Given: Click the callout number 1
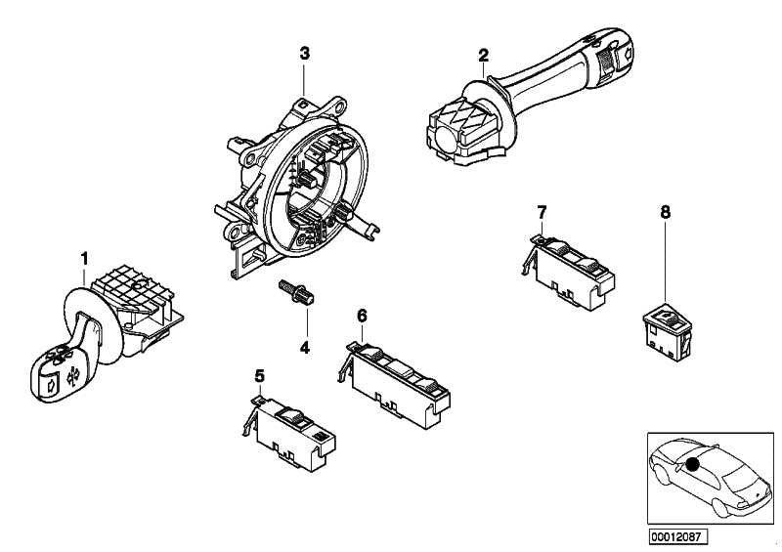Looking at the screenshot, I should pos(84,257).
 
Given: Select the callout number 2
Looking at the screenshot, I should pos(482,55).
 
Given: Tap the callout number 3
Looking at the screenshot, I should pos(304,53).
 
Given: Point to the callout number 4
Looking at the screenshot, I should pos(304,347).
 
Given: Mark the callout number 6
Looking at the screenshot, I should pos(361,315).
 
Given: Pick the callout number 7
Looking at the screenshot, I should pos(541,211).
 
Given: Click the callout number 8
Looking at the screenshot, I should pos(666,210).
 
